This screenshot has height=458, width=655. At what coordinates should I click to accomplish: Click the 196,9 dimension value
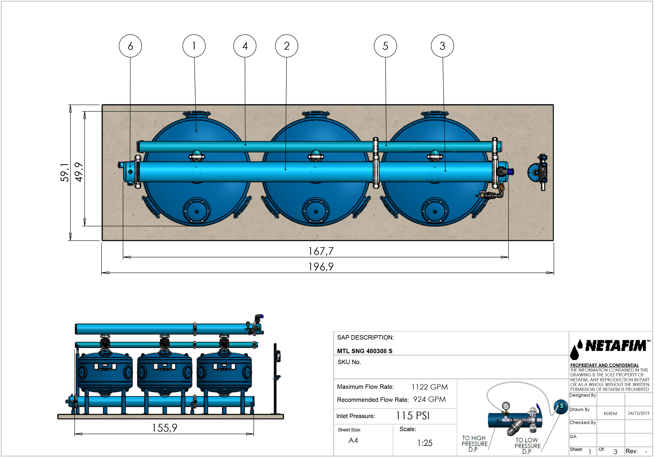pos(321,267)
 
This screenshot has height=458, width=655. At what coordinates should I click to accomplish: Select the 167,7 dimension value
pos(321,251)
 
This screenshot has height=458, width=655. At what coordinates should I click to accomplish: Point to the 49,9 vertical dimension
pos(79,172)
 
